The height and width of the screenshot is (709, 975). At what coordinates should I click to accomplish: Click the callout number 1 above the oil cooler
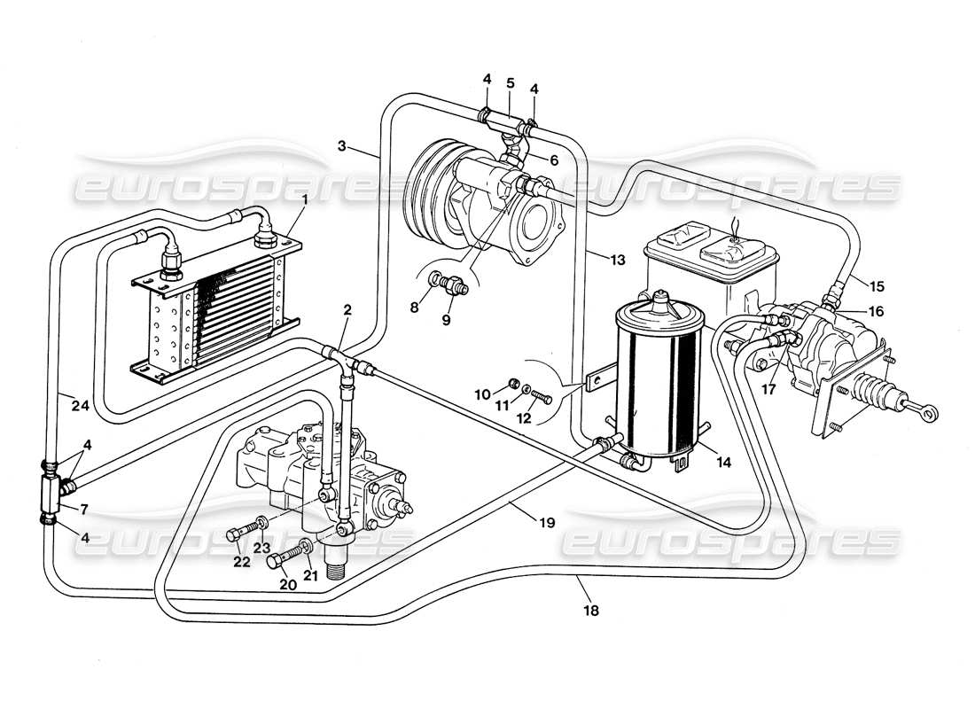click(304, 201)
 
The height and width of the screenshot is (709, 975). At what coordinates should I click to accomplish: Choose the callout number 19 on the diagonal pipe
click(547, 523)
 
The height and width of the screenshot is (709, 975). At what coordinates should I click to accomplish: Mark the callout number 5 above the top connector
click(510, 82)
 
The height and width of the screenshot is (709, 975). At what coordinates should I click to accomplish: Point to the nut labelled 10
click(512, 386)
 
